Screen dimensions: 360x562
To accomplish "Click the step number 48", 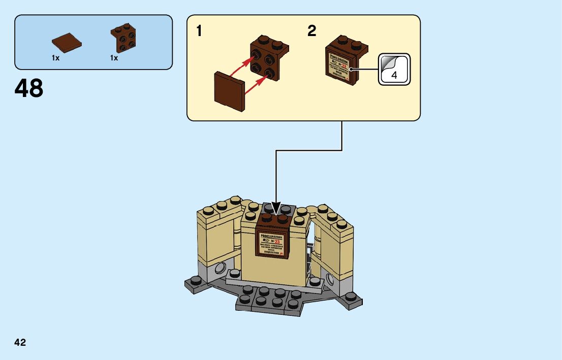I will [29, 89].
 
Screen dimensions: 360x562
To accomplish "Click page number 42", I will [20, 343].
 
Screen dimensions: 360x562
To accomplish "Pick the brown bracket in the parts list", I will [123, 39].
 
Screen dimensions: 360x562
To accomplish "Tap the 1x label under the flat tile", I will [55, 58].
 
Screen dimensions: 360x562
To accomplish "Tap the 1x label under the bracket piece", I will [114, 58].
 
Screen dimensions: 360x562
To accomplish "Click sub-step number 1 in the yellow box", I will [200, 31].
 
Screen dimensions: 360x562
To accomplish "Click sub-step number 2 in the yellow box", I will [311, 31].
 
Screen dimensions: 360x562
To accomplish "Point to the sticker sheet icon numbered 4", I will [394, 70].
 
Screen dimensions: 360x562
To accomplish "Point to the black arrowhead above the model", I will [276, 208].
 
